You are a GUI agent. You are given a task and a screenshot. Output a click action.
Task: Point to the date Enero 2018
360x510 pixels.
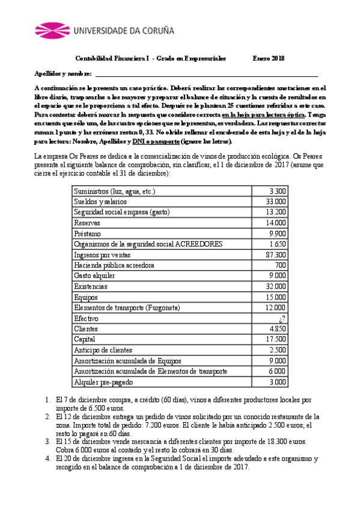click(x=269, y=58)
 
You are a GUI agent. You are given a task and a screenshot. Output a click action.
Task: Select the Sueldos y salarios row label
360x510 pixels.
click(x=97, y=201)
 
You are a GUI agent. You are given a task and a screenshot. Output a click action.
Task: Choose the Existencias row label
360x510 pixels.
click(x=91, y=286)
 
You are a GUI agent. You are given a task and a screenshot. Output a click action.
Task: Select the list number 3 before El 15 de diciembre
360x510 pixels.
click(x=48, y=441)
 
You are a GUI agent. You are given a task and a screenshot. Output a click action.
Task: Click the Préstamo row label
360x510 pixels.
click(x=88, y=233)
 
